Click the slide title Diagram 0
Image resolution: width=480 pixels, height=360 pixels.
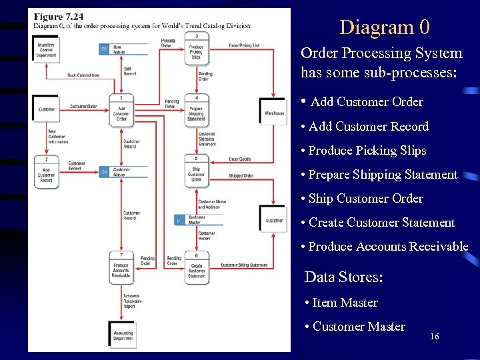[x=385, y=27]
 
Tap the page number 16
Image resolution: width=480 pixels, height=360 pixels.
[x=435, y=337]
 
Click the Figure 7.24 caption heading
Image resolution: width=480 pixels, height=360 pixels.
[x=58, y=17]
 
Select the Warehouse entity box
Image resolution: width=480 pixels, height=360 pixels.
[x=273, y=113]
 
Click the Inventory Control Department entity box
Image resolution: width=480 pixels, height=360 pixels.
[x=47, y=49]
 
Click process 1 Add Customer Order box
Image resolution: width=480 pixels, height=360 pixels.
[x=121, y=110]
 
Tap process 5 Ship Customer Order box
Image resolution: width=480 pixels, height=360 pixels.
[x=197, y=172]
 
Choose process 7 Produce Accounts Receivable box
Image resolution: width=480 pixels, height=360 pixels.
[x=121, y=267]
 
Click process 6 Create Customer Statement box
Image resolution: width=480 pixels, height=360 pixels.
[x=197, y=267]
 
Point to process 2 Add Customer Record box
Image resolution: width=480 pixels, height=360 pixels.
[x=46, y=172]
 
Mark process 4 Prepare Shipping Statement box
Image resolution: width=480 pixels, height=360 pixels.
[x=197, y=111]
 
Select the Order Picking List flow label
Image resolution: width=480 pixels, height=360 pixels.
[x=244, y=45]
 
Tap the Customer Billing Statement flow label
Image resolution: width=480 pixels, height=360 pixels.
[x=244, y=265]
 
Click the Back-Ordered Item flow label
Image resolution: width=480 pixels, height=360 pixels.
[x=83, y=75]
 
